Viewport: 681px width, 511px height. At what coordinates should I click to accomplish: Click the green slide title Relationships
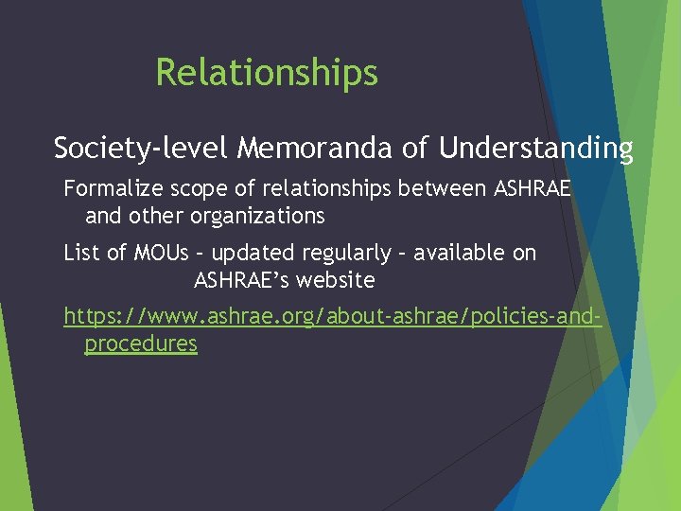pyautogui.click(x=267, y=73)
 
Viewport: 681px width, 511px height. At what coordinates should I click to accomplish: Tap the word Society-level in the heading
pyautogui.click(x=142, y=149)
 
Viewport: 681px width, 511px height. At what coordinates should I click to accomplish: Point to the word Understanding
pyautogui.click(x=536, y=149)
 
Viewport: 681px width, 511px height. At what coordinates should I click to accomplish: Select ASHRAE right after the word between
pyautogui.click(x=533, y=188)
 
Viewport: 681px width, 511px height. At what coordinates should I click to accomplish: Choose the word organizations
pyautogui.click(x=258, y=216)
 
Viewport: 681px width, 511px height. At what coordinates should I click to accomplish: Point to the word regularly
pyautogui.click(x=345, y=253)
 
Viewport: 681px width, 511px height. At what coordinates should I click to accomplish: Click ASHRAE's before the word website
pyautogui.click(x=237, y=280)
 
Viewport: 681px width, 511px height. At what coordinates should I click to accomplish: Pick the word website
pyautogui.click(x=336, y=280)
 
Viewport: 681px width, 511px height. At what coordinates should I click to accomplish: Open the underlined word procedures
pyautogui.click(x=141, y=344)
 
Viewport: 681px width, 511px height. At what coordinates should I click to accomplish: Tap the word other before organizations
pyautogui.click(x=158, y=216)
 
